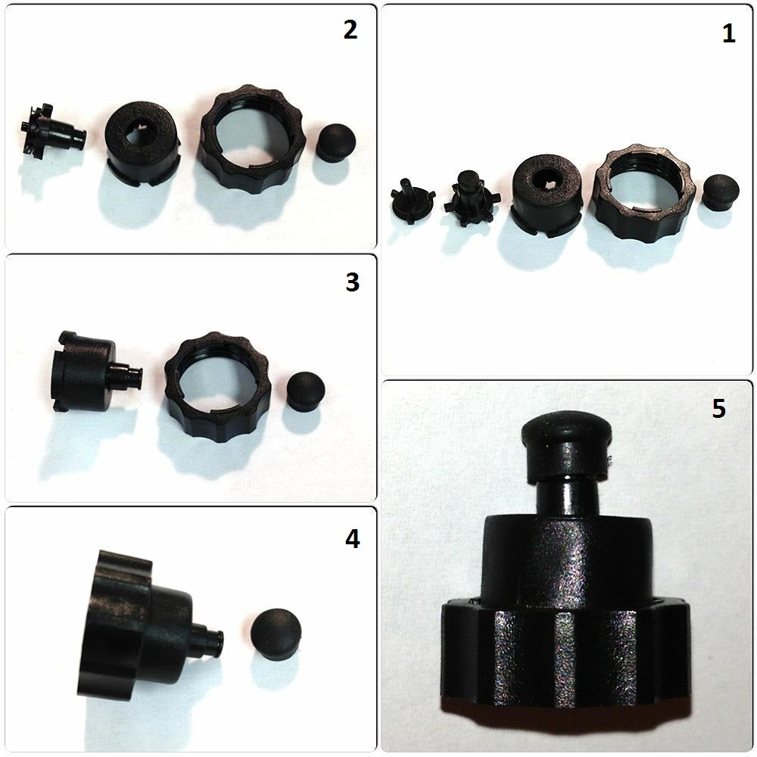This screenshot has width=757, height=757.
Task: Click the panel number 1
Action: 728,33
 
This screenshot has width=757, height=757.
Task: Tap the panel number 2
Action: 350,30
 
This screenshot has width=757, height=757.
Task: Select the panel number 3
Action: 353,282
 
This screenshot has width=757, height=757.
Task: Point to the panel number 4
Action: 353,538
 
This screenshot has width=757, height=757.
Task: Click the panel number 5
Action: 719,409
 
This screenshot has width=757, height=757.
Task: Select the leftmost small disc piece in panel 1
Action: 412,201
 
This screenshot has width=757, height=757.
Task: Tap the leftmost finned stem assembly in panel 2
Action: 53,130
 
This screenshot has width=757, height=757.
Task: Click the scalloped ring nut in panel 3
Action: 217,383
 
